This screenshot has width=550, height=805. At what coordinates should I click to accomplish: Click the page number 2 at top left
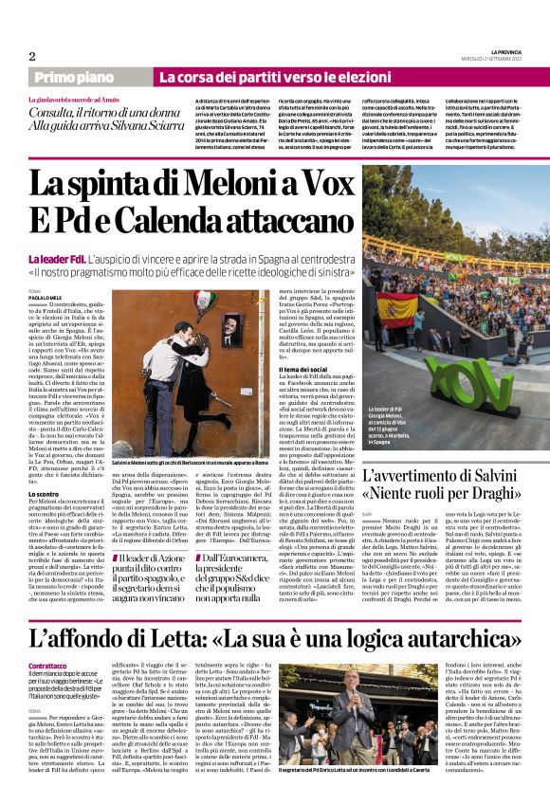tap(32, 56)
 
